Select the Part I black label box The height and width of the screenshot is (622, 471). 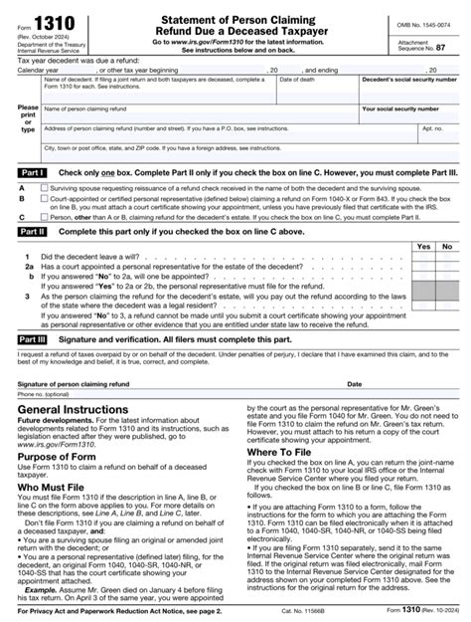(x=32, y=171)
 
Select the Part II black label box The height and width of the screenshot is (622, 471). (x=32, y=230)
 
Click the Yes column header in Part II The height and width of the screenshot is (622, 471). (x=422, y=246)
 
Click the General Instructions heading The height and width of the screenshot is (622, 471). (x=77, y=409)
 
